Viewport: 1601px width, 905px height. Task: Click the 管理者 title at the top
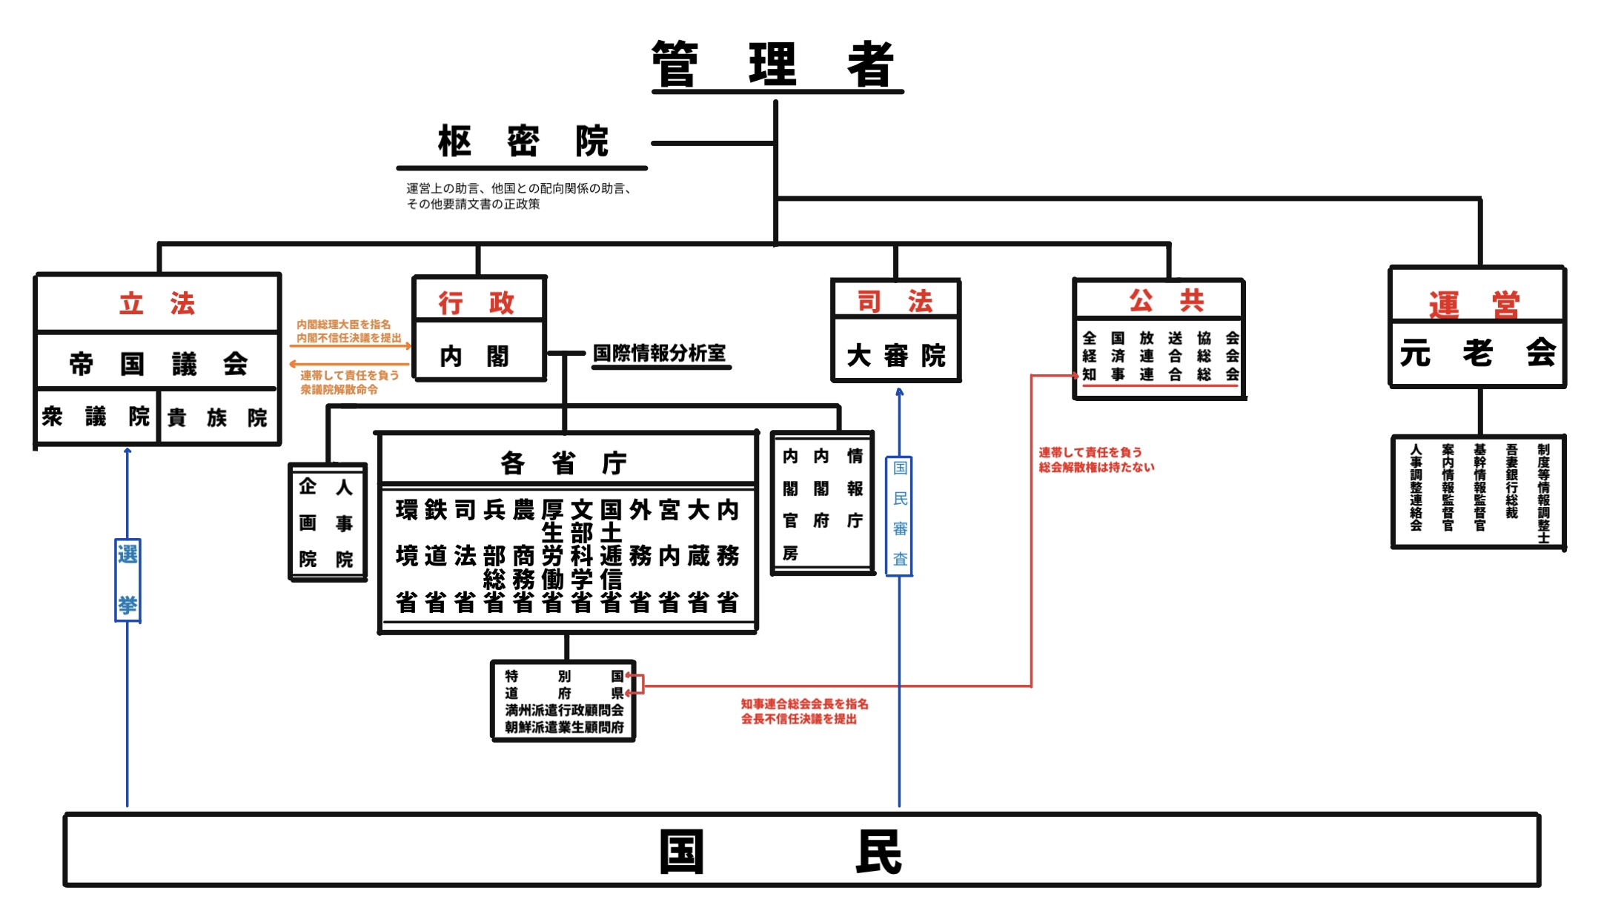point(775,64)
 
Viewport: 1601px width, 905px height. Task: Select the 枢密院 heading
point(523,141)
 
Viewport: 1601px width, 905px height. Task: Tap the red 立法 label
point(157,303)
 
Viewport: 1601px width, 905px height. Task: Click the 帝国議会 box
point(158,362)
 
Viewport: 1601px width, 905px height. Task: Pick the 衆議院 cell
point(96,417)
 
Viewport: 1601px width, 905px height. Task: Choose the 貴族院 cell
point(218,417)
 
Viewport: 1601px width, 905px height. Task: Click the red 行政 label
point(477,302)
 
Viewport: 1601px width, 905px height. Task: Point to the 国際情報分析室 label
point(660,353)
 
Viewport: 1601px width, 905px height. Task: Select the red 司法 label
point(895,301)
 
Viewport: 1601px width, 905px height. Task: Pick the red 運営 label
point(1474,304)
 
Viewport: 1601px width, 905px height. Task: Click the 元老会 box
point(1477,354)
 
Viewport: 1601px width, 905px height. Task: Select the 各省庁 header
point(565,463)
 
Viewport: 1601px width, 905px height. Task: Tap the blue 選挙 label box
point(127,580)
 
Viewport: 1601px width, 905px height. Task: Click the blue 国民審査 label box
point(900,516)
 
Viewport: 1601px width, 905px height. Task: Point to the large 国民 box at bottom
point(802,850)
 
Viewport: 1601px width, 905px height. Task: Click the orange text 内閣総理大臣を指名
point(343,324)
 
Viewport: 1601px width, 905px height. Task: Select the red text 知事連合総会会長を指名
point(804,703)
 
